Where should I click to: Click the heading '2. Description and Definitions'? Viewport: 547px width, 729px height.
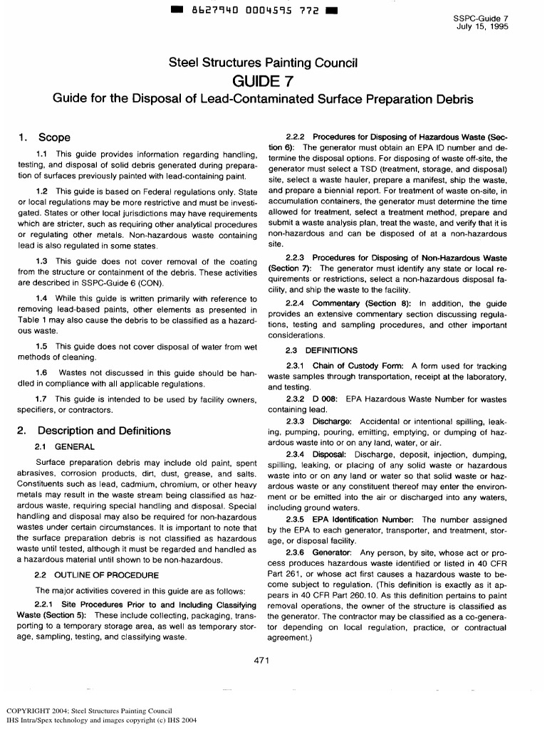click(93, 431)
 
